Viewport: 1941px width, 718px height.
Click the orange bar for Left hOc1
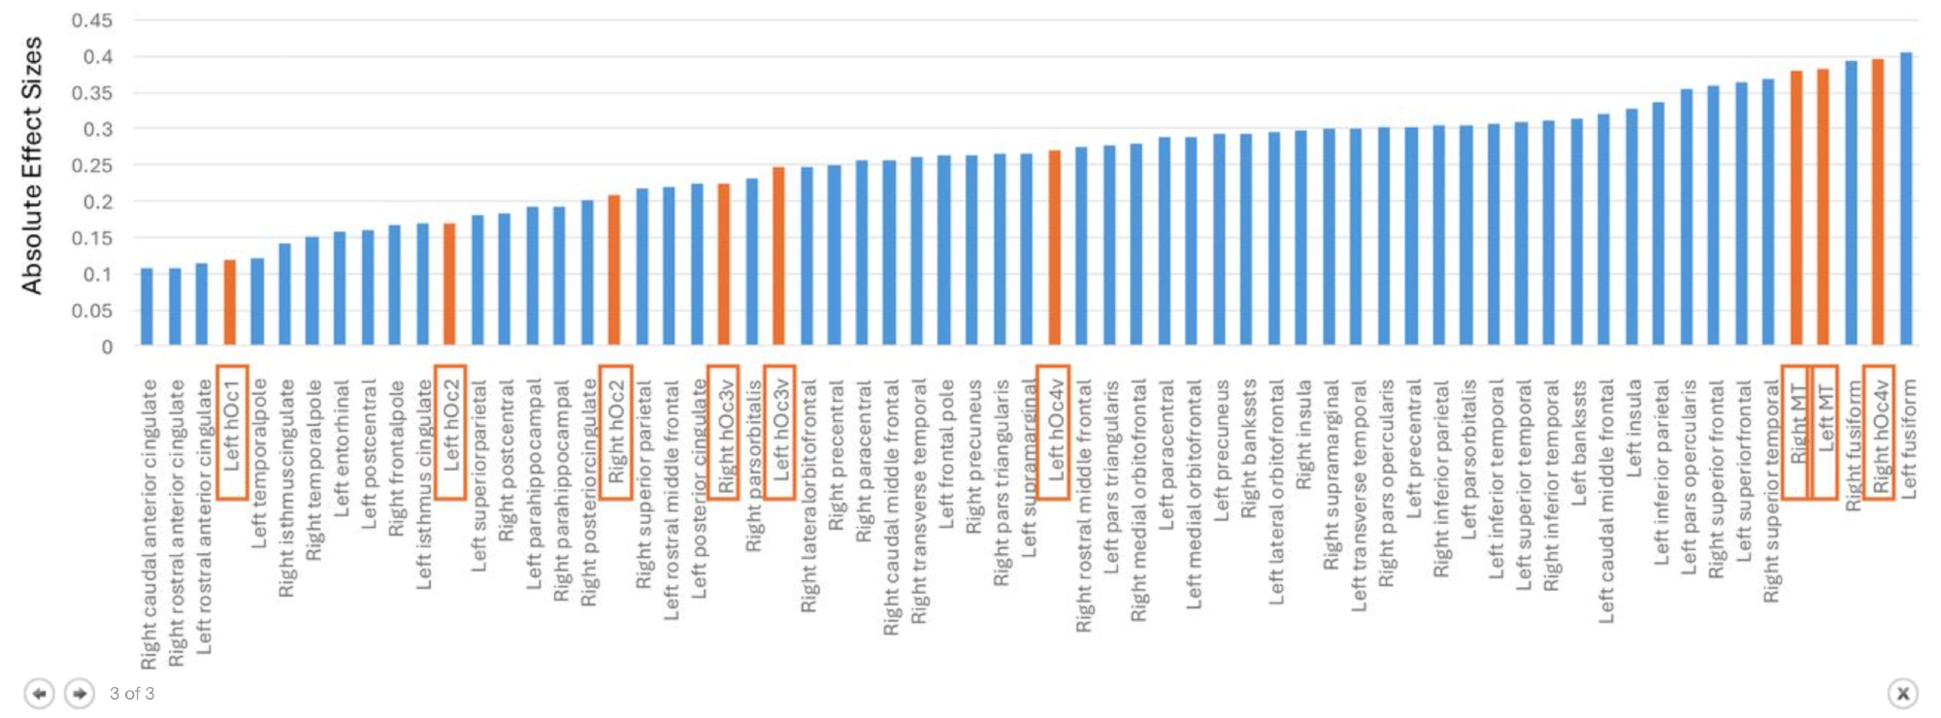pos(230,303)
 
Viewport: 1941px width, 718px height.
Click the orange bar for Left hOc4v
pos(1055,247)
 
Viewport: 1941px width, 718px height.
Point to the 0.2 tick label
pos(97,202)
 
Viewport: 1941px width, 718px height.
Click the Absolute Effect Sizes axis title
pos(32,165)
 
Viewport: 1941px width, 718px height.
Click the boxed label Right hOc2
pos(616,432)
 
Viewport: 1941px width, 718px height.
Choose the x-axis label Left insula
pos(1634,428)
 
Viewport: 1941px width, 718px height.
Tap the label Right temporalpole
pos(314,470)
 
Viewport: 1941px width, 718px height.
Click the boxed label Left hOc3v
pos(780,431)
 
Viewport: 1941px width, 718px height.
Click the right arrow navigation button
pos(80,694)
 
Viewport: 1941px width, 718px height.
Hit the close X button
pos(1902,694)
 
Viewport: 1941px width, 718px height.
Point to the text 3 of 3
pos(132,694)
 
